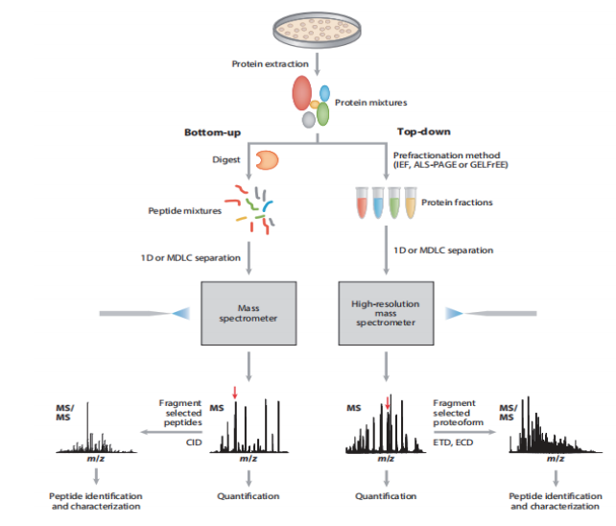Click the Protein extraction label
tap(270, 64)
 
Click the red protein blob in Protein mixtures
tap(301, 93)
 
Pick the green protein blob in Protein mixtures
tap(323, 113)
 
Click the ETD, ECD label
tap(452, 442)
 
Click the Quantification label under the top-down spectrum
tap(385, 496)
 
